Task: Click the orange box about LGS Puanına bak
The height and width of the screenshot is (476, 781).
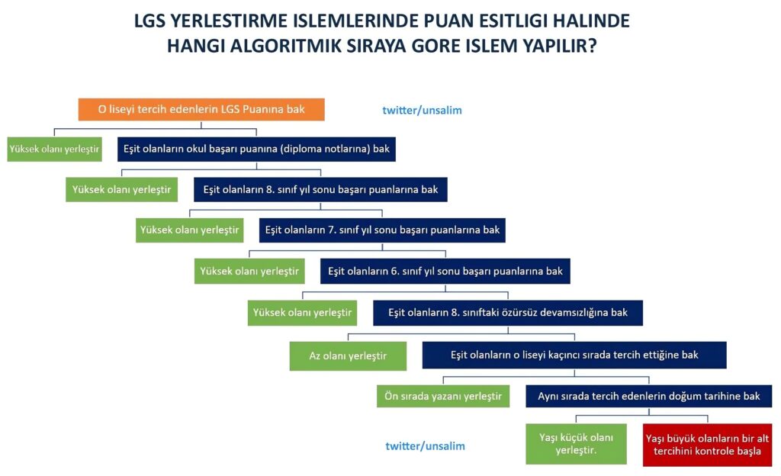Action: pyautogui.click(x=201, y=110)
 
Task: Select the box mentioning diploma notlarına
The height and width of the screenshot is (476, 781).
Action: pyautogui.click(x=256, y=150)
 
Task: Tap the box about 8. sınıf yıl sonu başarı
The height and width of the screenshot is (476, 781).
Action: pyautogui.click(x=320, y=190)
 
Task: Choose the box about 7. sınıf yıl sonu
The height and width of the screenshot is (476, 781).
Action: pyautogui.click(x=382, y=230)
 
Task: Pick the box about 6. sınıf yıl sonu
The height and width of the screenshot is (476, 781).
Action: pyautogui.click(x=445, y=272)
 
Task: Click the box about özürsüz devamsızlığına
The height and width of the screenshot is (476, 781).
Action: pyautogui.click(x=507, y=313)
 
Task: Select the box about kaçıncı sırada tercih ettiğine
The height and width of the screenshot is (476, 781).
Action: pyautogui.click(x=574, y=355)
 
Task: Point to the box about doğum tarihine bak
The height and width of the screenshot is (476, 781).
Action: pyautogui.click(x=648, y=397)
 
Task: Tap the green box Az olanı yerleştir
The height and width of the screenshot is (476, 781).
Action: pyautogui.click(x=348, y=356)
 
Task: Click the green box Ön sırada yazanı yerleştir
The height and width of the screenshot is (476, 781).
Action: pyautogui.click(x=443, y=397)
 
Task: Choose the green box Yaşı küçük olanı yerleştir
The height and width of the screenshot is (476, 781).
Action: pyautogui.click(x=576, y=444)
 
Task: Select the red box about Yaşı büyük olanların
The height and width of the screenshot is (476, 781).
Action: pyautogui.click(x=707, y=445)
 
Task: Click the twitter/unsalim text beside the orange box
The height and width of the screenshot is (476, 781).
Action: pyautogui.click(x=422, y=111)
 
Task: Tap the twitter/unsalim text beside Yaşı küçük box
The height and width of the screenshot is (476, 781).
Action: pyautogui.click(x=425, y=446)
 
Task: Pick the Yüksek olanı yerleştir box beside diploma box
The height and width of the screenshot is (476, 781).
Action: pyautogui.click(x=54, y=150)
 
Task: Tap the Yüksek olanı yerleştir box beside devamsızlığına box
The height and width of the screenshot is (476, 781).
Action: pyautogui.click(x=302, y=313)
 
